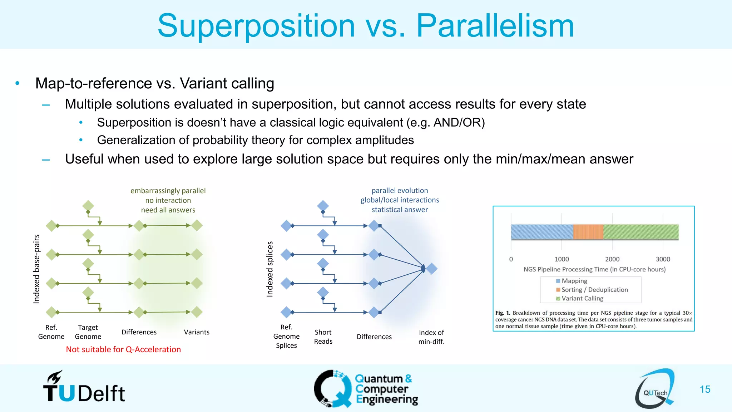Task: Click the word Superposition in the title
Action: [256, 26]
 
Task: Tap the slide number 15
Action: [705, 389]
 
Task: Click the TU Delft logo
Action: [84, 388]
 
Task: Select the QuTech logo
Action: [655, 389]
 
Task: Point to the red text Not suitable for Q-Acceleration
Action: [123, 349]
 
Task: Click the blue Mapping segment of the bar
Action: [541, 232]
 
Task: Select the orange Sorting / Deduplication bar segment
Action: [588, 232]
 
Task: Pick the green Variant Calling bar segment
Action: [640, 232]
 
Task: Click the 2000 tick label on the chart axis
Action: [612, 259]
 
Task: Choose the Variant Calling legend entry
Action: [582, 298]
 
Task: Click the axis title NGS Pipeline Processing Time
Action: [594, 269]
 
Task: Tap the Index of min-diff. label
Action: [431, 337]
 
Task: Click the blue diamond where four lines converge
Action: [432, 269]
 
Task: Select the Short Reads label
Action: [323, 337]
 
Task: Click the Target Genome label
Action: [88, 332]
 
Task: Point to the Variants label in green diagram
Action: [197, 332]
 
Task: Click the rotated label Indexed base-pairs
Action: [36, 269]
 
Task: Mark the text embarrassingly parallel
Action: [168, 191]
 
